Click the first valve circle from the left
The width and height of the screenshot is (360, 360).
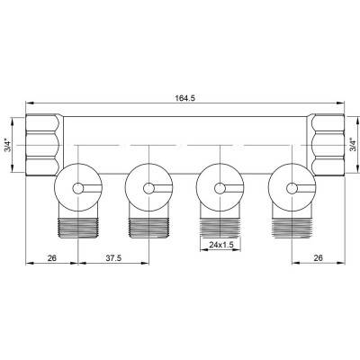pos(76,188)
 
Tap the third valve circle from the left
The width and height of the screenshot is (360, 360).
pos(218,188)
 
